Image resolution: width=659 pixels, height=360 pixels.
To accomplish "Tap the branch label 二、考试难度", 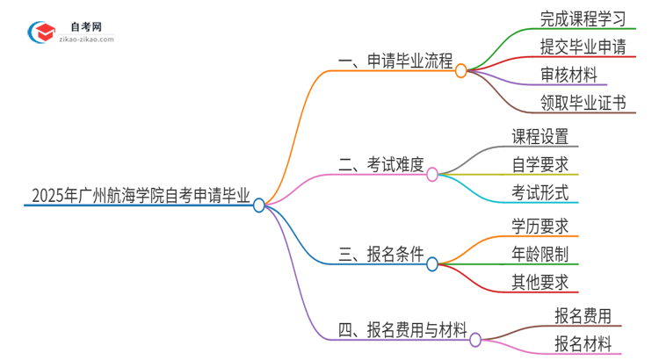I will tap(381, 164).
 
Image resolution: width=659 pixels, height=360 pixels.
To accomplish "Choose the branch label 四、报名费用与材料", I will tap(402, 330).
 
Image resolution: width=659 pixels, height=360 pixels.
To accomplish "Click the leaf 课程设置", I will tap(540, 137).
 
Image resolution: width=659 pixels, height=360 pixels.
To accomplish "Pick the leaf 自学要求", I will tap(540, 164).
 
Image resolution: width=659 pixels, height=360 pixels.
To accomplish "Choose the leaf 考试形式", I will tap(540, 192).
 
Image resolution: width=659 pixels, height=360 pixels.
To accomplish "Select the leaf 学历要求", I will tap(540, 226).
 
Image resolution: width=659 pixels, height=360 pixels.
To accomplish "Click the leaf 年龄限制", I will tap(540, 255).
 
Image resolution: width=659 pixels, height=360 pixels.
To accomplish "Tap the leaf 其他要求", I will tap(540, 283).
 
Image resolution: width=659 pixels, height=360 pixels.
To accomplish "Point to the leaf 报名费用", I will tap(583, 315).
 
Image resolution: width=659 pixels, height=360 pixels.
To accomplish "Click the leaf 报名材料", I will tap(583, 344).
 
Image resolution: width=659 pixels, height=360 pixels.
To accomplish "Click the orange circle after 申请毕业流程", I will tap(461, 70).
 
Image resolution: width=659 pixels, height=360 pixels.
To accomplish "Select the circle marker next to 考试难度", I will tap(432, 175).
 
